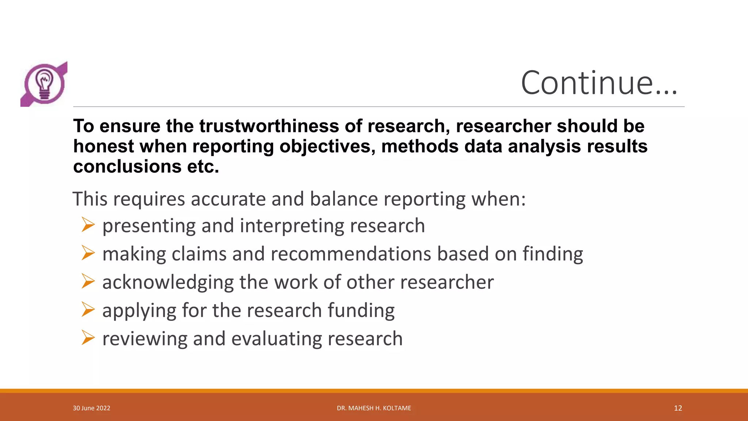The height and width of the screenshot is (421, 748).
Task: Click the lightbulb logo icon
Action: tap(44, 84)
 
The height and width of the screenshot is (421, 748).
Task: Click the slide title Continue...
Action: tap(599, 83)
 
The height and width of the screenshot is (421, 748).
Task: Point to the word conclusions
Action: tap(127, 167)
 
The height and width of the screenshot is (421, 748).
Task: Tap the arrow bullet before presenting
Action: tap(88, 224)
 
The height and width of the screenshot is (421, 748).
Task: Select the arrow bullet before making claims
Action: tap(88, 253)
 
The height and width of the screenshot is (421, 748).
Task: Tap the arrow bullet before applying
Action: tap(88, 310)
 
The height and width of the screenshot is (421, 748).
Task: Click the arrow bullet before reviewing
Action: tap(88, 338)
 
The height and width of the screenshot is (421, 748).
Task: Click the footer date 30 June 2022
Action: tap(91, 408)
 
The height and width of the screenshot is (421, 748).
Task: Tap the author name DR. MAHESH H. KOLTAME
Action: tap(374, 408)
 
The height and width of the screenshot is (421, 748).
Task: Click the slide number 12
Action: tap(678, 408)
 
